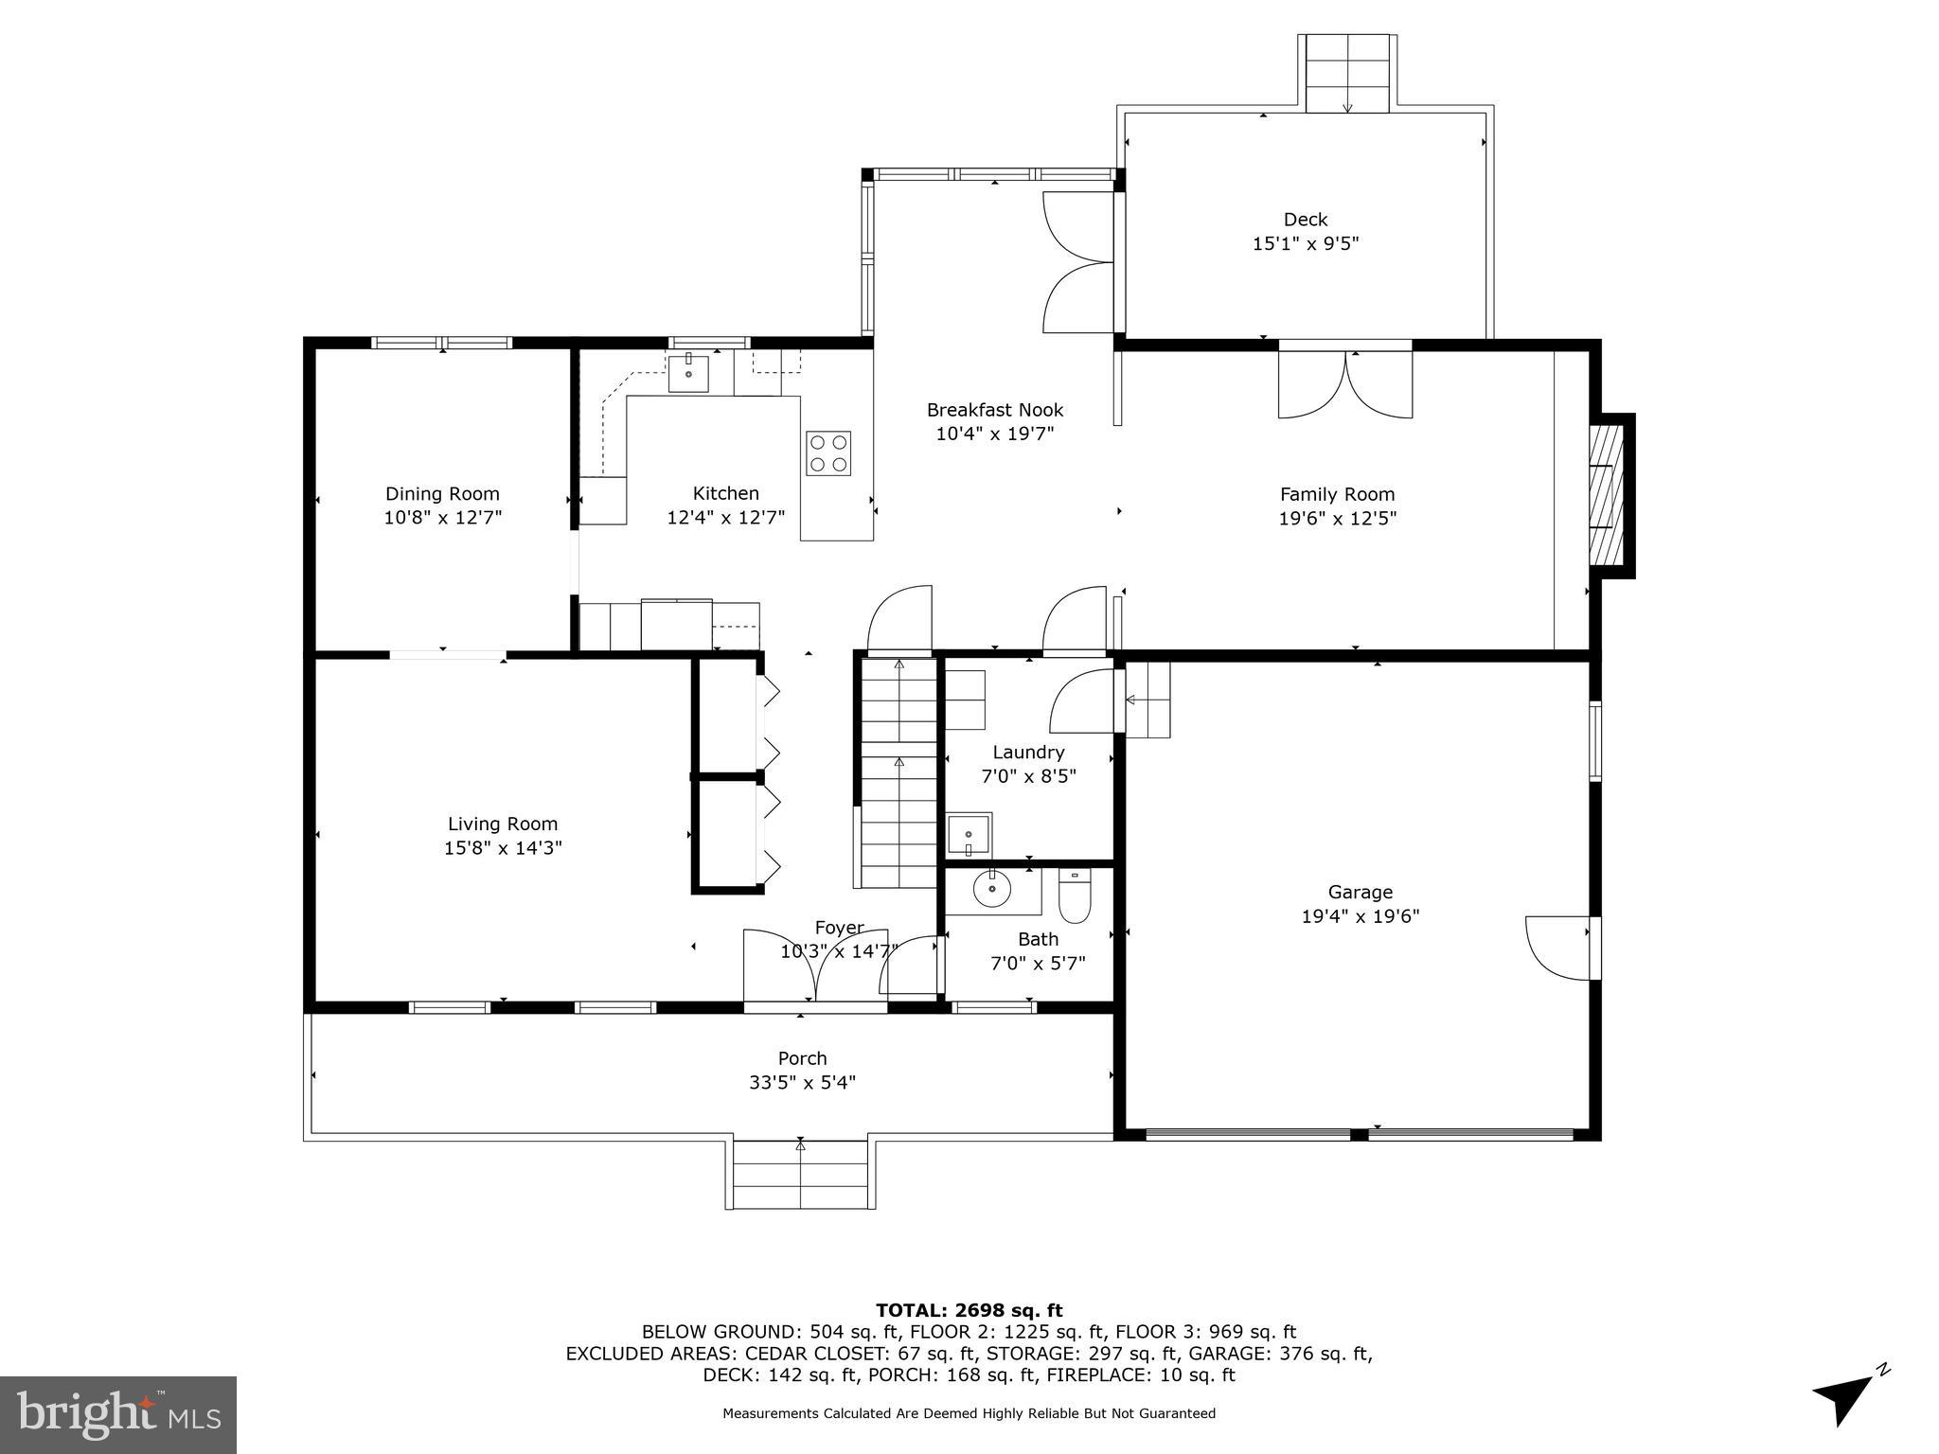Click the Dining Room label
(x=442, y=493)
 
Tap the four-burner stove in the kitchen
(x=827, y=452)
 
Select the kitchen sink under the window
(x=688, y=373)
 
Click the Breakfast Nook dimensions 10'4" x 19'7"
(x=994, y=434)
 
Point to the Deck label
(x=1306, y=220)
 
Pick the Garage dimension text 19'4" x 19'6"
(x=1360, y=916)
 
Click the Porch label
(x=802, y=1058)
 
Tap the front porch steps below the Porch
(x=801, y=1175)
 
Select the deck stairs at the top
(x=1347, y=74)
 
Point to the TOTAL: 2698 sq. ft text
(x=969, y=1310)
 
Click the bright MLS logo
(x=118, y=1414)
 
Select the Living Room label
(x=503, y=824)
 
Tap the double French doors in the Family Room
(x=1345, y=383)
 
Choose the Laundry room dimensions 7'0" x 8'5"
(x=1028, y=776)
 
